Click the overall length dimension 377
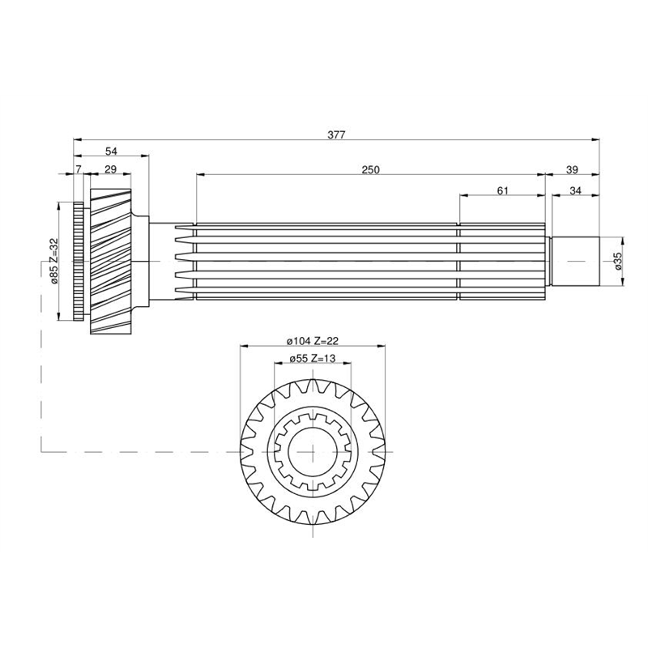[336, 134]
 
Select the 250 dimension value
[370, 169]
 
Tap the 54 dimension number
[111, 151]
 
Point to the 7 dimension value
[79, 169]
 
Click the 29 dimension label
[111, 169]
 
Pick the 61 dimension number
[502, 190]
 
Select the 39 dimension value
[572, 169]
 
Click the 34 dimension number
[575, 190]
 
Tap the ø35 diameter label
[618, 261]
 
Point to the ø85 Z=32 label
[53, 261]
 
